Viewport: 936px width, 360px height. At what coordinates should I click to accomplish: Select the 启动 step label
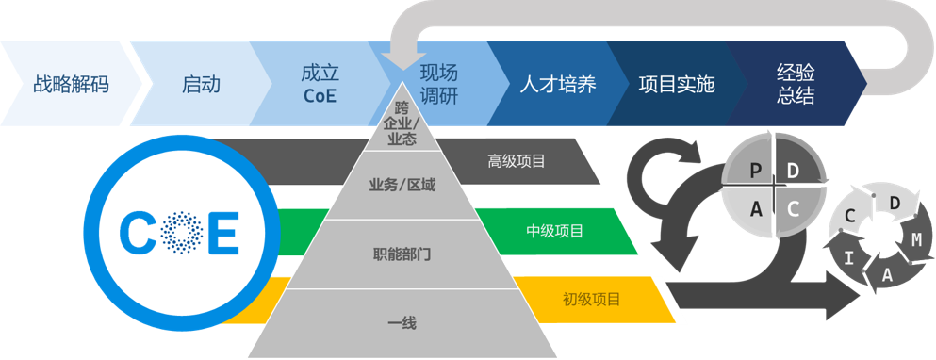coord(201,84)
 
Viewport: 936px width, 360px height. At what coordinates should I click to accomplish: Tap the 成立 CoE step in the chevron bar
coord(320,84)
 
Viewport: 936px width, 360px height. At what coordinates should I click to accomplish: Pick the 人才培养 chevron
coord(558,84)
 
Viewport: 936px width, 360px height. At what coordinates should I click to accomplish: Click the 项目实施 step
coord(676,84)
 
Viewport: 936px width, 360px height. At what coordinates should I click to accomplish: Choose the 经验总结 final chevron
coord(796,84)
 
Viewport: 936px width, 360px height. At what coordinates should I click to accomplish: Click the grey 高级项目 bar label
coord(517,161)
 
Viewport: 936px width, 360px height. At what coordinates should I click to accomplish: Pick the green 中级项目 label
coord(554,231)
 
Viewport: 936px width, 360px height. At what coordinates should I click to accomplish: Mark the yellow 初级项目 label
coord(591,300)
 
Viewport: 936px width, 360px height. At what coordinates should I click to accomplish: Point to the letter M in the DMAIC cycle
coord(915,239)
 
